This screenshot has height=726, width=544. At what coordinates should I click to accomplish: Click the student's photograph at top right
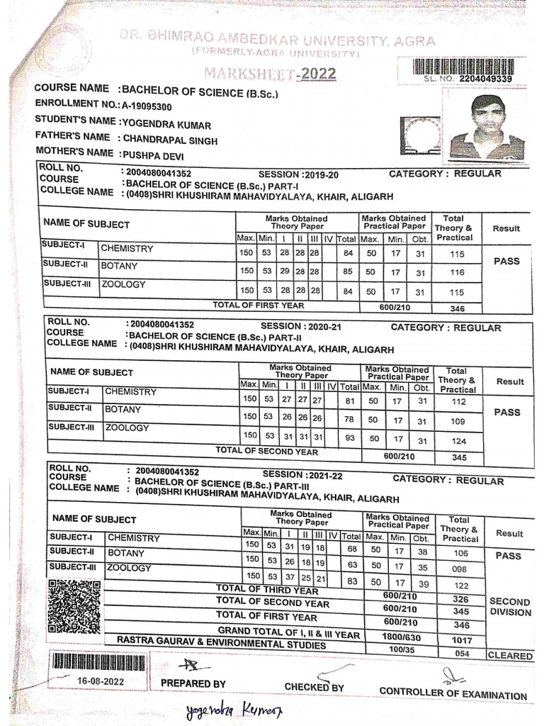(487, 126)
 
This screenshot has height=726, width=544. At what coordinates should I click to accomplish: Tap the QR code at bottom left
(74, 607)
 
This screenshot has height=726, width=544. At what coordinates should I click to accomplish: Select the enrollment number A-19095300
(146, 106)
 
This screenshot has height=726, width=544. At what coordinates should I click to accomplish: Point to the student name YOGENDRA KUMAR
(166, 123)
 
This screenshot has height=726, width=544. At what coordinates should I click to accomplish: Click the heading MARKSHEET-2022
(270, 74)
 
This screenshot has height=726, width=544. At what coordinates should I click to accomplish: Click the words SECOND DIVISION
(510, 607)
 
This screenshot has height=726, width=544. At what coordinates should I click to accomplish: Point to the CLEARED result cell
(510, 656)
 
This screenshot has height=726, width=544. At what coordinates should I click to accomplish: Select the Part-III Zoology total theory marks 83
(348, 581)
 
